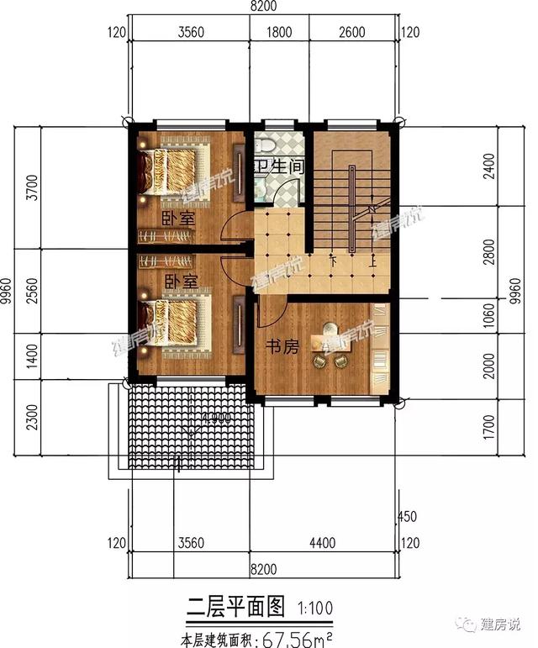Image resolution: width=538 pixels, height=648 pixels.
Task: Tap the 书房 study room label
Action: [x=282, y=347]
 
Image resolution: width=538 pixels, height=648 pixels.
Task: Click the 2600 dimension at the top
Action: [x=355, y=34]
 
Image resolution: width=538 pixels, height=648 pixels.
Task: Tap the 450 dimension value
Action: [x=408, y=517]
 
